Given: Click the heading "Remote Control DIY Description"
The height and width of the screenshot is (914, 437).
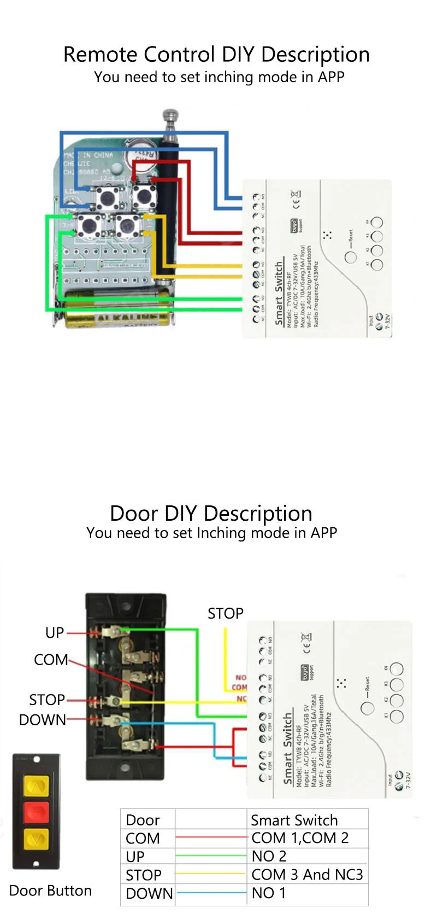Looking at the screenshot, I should pyautogui.click(x=216, y=55).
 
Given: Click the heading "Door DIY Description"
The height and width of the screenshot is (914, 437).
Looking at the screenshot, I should pyautogui.click(x=211, y=514).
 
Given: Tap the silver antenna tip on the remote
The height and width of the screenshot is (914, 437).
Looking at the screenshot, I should pyautogui.click(x=170, y=116).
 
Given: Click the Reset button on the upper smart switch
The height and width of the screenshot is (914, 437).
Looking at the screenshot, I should pyautogui.click(x=351, y=257).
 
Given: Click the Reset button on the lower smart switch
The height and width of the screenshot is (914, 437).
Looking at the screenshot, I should pyautogui.click(x=368, y=707).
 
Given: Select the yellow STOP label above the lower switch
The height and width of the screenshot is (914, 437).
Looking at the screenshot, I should pyautogui.click(x=225, y=614).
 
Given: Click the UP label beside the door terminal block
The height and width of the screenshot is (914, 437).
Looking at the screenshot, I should pyautogui.click(x=55, y=633).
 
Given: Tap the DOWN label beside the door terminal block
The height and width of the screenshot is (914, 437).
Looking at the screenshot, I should pyautogui.click(x=43, y=720).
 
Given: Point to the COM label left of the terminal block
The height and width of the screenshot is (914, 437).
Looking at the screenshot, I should pyautogui.click(x=51, y=660).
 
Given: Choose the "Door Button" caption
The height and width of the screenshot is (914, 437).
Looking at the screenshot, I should pyautogui.click(x=50, y=891).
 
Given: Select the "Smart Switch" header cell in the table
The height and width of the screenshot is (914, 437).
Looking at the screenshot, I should pyautogui.click(x=294, y=820).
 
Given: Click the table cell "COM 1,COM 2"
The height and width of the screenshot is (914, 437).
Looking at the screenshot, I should pyautogui.click(x=300, y=838).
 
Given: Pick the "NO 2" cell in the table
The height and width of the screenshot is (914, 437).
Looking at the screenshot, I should pyautogui.click(x=269, y=856).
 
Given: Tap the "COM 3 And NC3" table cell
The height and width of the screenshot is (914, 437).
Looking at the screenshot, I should pyautogui.click(x=307, y=875).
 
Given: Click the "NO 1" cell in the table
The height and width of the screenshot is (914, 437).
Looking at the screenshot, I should pyautogui.click(x=263, y=893).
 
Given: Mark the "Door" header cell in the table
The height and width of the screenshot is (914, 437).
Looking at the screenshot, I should pyautogui.click(x=143, y=820).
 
